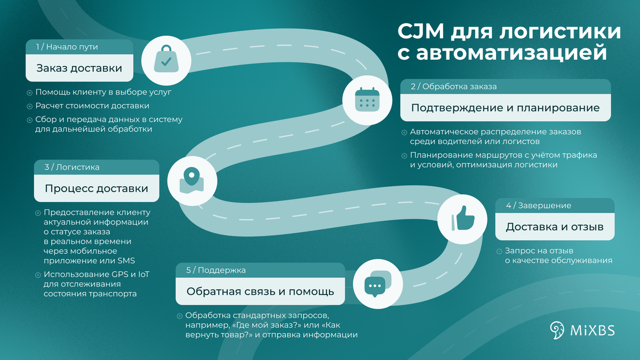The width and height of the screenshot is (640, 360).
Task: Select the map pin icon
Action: (x=191, y=181)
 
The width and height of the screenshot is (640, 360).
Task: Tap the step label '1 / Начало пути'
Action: (x=67, y=47)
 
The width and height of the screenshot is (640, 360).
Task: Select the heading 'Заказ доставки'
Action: (x=79, y=68)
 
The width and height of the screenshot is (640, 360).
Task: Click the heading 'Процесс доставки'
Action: (x=97, y=189)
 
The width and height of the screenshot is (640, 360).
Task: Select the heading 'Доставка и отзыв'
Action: (x=555, y=227)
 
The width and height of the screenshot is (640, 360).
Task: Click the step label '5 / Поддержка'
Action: (x=216, y=270)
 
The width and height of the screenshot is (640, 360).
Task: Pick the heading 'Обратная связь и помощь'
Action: (x=260, y=292)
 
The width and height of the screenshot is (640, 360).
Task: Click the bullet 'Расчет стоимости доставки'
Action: (x=92, y=105)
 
